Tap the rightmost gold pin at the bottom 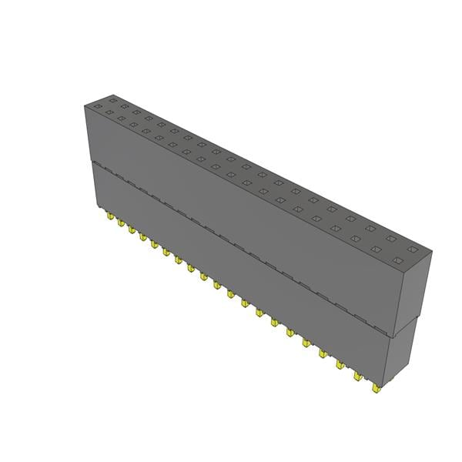click(376, 388)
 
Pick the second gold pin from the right click(358, 376)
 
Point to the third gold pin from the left click(131, 230)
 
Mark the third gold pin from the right click(341, 364)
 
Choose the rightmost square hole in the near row click(397, 262)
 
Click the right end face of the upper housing click(414, 296)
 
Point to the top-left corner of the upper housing click(82, 105)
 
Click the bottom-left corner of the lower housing click(95, 206)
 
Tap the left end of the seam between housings click(91, 162)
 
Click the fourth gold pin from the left click(142, 236)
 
